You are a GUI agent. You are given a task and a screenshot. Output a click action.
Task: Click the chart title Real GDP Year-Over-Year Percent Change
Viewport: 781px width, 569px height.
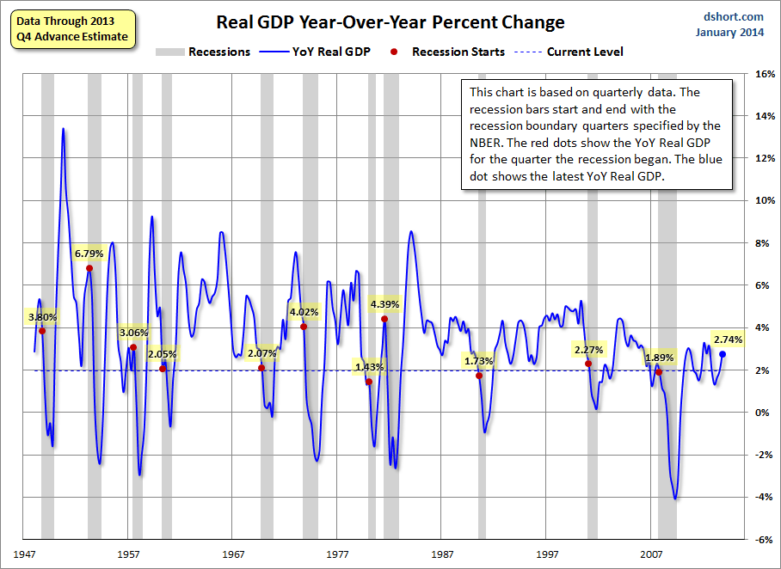pyautogui.click(x=390, y=22)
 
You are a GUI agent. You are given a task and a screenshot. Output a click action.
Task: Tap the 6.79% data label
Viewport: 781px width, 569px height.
pyautogui.click(x=89, y=254)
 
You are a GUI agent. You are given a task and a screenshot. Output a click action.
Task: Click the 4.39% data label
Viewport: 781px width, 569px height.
pyautogui.click(x=384, y=303)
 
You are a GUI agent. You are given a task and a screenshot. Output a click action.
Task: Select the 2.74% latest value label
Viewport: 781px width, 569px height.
pyautogui.click(x=729, y=340)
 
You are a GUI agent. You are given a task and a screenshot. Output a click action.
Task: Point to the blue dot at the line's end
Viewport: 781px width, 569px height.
pyautogui.click(x=723, y=354)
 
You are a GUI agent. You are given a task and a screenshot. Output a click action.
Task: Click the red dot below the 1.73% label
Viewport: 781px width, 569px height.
pyautogui.click(x=479, y=376)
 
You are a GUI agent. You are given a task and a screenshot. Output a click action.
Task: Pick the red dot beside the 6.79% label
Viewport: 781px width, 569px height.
pyautogui.click(x=89, y=268)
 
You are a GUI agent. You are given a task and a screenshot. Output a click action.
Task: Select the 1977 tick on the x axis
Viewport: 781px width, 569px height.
pyautogui.click(x=338, y=555)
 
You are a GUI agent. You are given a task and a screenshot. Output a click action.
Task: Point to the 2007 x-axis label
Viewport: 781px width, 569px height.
pyautogui.click(x=651, y=555)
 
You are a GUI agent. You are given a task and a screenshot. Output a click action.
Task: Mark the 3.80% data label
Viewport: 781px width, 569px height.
pyautogui.click(x=42, y=316)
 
